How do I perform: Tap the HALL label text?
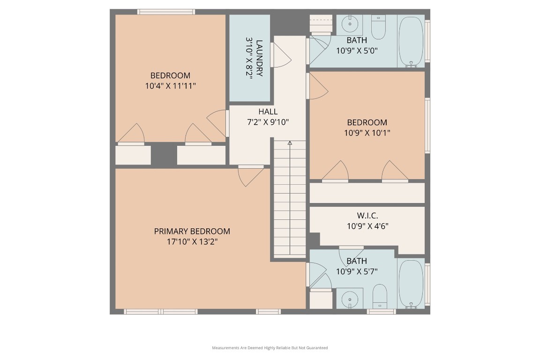[x=268, y=112]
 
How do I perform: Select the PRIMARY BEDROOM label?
[x=192, y=231]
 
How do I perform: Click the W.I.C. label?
[x=367, y=215]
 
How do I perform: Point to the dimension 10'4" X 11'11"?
[x=170, y=86]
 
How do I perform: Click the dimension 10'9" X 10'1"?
[x=367, y=133]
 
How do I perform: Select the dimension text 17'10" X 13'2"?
[x=192, y=242]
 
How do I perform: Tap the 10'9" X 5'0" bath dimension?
[x=357, y=51]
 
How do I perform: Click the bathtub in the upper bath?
[x=411, y=41]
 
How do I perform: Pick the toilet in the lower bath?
[x=379, y=296]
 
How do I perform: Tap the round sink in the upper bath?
[x=349, y=23]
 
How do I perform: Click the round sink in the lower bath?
[x=349, y=299]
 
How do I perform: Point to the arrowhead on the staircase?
[x=290, y=142]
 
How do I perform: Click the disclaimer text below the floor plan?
[x=270, y=348]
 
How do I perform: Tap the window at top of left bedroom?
[x=166, y=12]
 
